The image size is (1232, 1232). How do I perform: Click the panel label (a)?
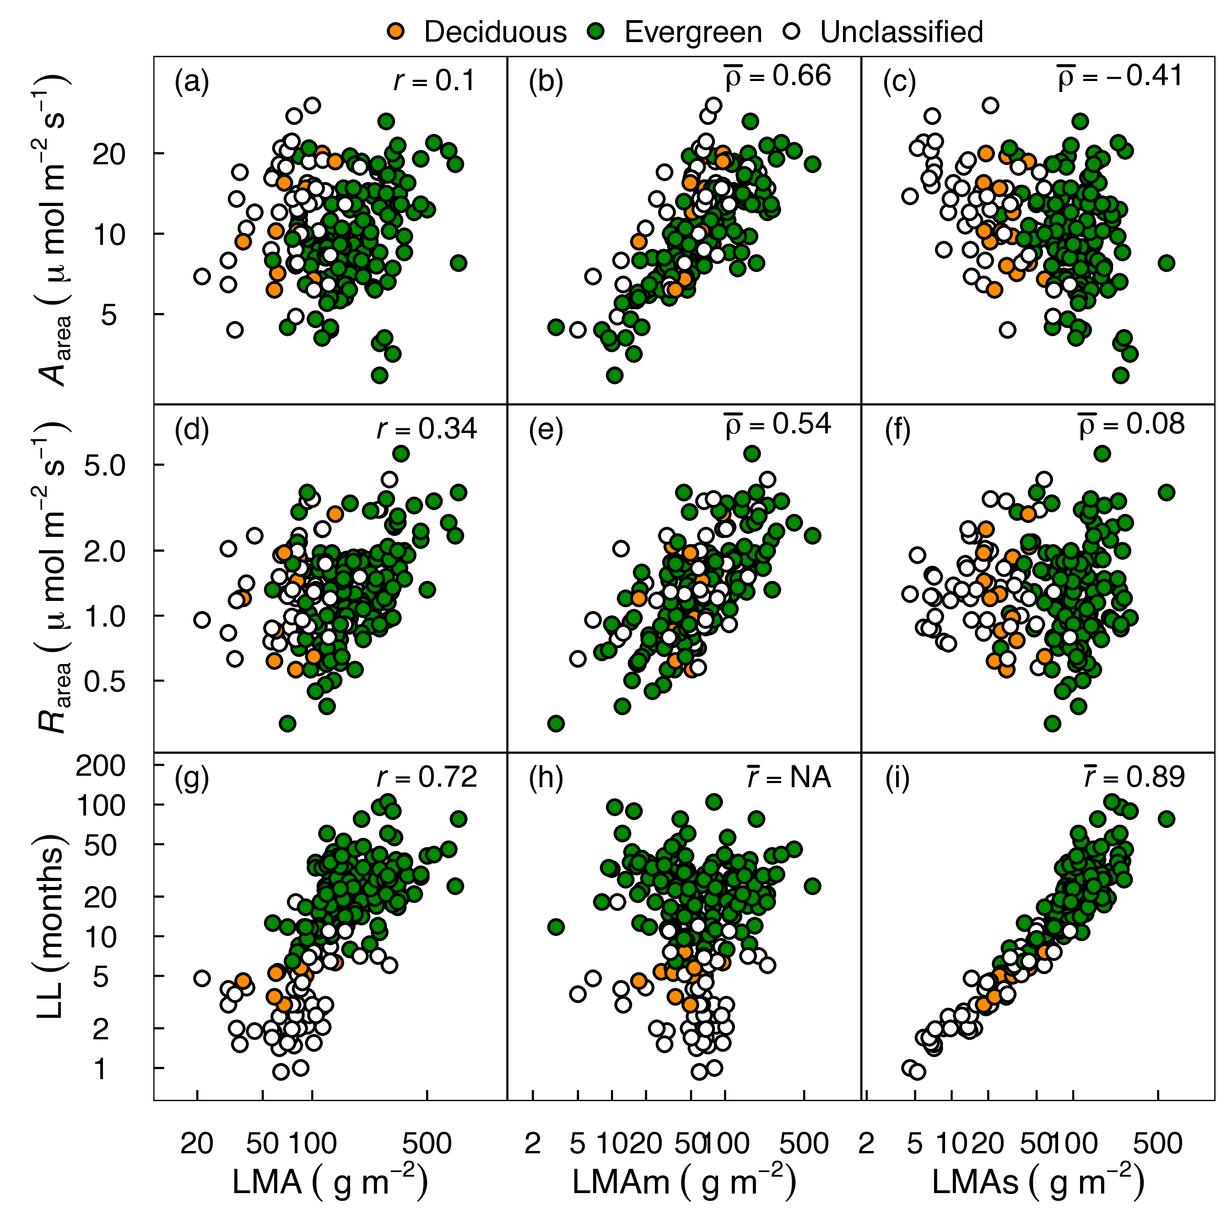point(191,81)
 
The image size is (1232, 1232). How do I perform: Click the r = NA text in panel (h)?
point(789,778)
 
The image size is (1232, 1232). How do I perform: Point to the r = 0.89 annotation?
point(1135,778)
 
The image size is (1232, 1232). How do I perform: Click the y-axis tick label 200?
point(101,766)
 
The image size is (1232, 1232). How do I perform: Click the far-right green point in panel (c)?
point(1166,263)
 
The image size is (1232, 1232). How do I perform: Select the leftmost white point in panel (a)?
point(202,276)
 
